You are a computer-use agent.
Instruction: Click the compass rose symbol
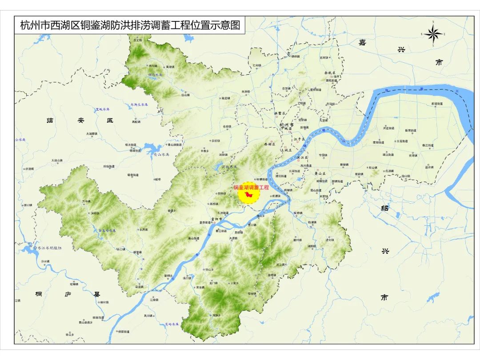[x=432, y=33]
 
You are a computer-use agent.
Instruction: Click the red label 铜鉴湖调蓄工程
[x=252, y=188]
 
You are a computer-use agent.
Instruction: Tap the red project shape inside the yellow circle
[x=249, y=195]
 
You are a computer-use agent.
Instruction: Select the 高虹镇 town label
[x=136, y=121]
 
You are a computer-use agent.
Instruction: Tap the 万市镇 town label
[x=86, y=201]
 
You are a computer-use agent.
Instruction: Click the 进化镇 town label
[x=329, y=240]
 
